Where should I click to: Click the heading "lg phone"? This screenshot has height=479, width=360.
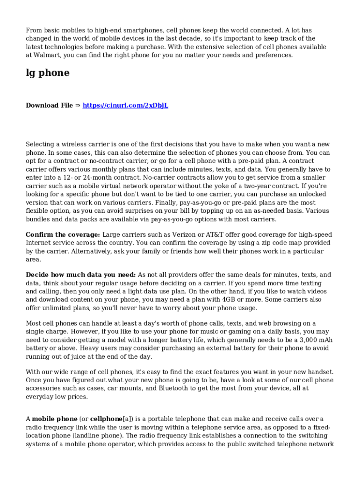point(47,73)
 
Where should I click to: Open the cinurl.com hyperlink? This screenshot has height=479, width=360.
point(125,106)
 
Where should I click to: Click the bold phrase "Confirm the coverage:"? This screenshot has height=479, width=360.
point(63,234)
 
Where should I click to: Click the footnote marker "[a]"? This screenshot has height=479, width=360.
point(126,419)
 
